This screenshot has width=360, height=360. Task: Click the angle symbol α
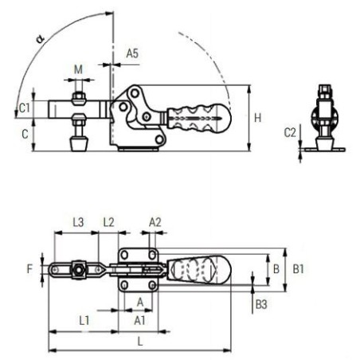click(x=41, y=39)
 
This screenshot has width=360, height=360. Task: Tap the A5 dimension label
click(x=132, y=53)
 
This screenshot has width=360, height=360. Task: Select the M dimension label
click(x=78, y=69)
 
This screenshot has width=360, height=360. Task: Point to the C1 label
click(x=25, y=108)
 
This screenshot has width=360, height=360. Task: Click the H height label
click(x=257, y=118)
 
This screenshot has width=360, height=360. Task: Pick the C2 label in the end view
click(x=290, y=132)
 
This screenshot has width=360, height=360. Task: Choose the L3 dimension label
click(x=78, y=222)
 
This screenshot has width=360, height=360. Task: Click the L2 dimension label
click(x=108, y=222)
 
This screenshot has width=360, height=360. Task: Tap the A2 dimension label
click(x=155, y=222)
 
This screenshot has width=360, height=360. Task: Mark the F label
click(x=29, y=269)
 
